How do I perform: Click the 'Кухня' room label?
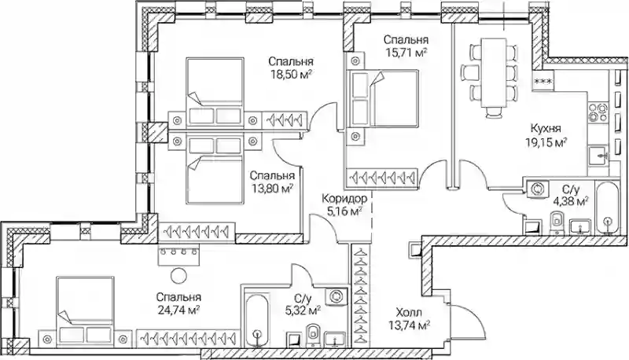pyautogui.click(x=546, y=129)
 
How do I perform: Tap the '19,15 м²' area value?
pyautogui.click(x=546, y=142)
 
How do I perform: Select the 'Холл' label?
pyautogui.click(x=409, y=312)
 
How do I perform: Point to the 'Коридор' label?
pyautogui.click(x=344, y=198)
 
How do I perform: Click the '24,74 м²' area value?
pyautogui.click(x=179, y=310)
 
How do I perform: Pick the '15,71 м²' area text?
pyautogui.click(x=406, y=53)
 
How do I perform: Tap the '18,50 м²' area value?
pyautogui.click(x=291, y=75)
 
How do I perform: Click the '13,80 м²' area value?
pyautogui.click(x=272, y=188)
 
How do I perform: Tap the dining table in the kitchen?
pyautogui.click(x=494, y=73)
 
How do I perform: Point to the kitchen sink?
pyautogui.click(x=598, y=154)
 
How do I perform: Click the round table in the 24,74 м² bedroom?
pyautogui.click(x=178, y=276)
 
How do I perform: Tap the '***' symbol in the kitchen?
pyautogui.click(x=543, y=82)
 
